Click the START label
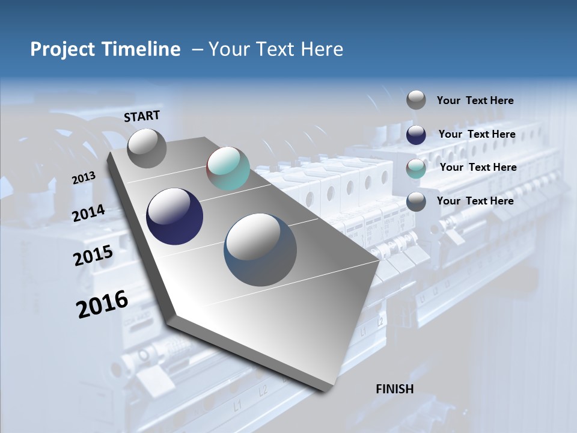tap(142, 116)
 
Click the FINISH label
tap(394, 389)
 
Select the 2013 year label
tap(84, 178)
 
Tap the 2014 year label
tap(89, 213)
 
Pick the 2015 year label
tap(93, 256)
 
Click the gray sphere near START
tap(147, 148)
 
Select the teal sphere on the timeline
tap(228, 168)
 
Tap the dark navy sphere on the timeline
tap(175, 216)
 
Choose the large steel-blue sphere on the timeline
tap(260, 249)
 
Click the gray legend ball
tap(416, 100)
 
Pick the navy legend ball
tap(416, 135)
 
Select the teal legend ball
tap(416, 168)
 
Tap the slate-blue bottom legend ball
tap(416, 201)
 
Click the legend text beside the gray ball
tap(475, 100)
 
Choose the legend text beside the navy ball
tap(477, 134)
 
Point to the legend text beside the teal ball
tap(478, 167)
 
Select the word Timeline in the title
tap(142, 49)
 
